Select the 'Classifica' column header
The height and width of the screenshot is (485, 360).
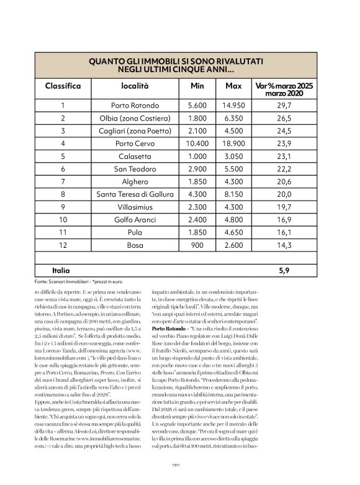(63, 86)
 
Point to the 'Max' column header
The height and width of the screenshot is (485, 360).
(233, 86)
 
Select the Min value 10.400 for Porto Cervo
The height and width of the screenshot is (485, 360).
(197, 143)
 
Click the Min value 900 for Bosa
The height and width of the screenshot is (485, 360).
(197, 245)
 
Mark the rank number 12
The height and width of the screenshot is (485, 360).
(63, 245)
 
